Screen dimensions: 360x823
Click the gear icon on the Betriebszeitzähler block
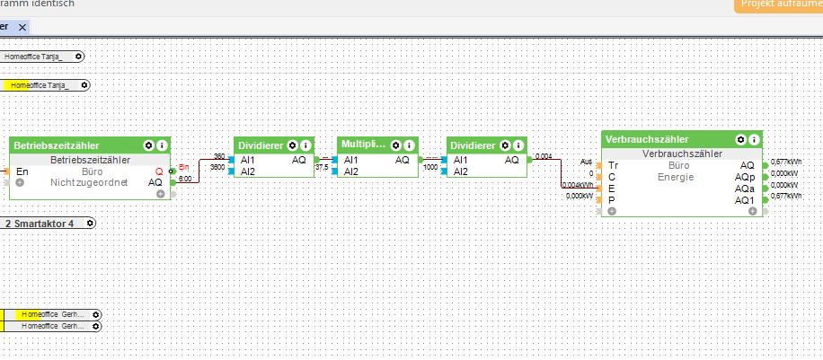tap(148, 145)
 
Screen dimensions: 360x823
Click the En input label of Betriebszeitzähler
tap(22, 171)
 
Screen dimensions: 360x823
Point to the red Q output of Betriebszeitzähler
tap(159, 171)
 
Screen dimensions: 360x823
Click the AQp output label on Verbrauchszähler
tap(745, 176)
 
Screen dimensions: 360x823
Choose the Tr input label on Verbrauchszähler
tap(613, 165)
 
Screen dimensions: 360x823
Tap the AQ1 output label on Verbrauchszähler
tap(745, 199)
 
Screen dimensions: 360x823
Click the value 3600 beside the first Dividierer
tap(217, 167)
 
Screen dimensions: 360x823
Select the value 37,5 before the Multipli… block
tap(321, 167)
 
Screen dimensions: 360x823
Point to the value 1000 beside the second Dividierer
tap(430, 167)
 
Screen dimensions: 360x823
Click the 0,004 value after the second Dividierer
tap(543, 156)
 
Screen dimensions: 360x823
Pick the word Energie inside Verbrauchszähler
tap(676, 177)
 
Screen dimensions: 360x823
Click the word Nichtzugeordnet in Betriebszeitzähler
tap(89, 182)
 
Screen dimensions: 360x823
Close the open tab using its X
tap(24, 27)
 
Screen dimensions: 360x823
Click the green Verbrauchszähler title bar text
tap(647, 139)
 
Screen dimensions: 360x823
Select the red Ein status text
tap(183, 167)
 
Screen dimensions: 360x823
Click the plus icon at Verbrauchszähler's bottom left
tap(611, 211)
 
